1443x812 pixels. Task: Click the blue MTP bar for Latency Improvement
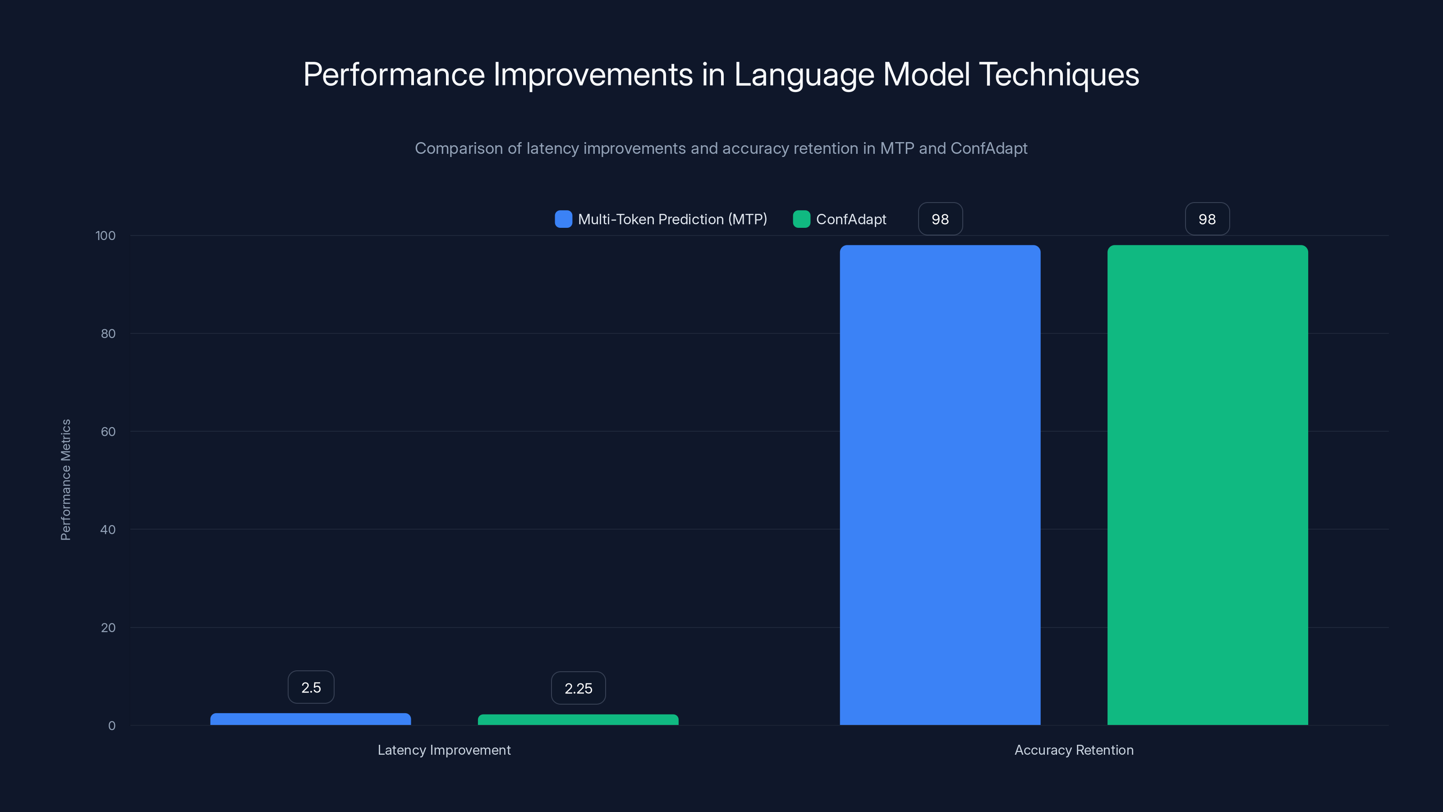coord(310,719)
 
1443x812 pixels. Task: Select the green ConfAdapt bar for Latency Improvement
coord(578,720)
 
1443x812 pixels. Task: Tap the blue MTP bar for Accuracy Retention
coord(940,485)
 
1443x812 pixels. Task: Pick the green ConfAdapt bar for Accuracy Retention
coord(1207,485)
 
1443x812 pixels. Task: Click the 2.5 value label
coord(311,687)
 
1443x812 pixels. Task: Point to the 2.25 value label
coord(578,688)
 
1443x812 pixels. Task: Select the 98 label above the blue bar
coord(940,219)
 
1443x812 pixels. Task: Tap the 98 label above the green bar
coord(1207,219)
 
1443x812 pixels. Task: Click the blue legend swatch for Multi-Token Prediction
coord(563,219)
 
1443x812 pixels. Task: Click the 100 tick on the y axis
coord(106,235)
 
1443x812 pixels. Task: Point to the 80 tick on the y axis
coord(108,333)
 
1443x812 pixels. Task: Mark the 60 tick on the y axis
coord(108,432)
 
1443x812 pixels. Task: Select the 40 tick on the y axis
coord(108,530)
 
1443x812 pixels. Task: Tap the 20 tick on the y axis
coord(108,627)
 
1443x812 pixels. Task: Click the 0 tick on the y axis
coord(111,726)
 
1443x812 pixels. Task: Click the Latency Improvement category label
coord(444,750)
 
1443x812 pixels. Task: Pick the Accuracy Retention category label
coord(1074,750)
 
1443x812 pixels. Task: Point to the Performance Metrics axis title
coord(65,480)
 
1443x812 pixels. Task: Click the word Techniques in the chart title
coord(1058,74)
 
